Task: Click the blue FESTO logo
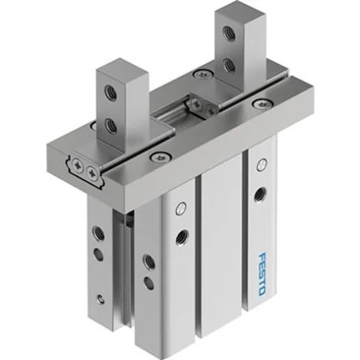(262, 273)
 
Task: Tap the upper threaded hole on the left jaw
(111, 92)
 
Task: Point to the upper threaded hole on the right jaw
(229, 32)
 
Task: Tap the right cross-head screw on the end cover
(92, 172)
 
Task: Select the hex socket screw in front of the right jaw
(261, 103)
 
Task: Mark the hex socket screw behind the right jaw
(202, 73)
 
